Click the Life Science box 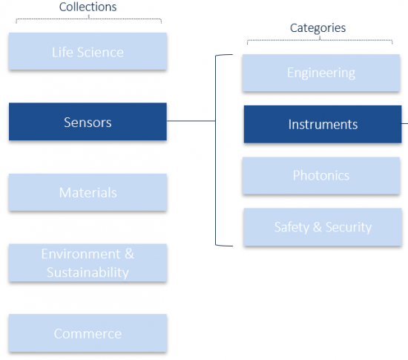[88, 51]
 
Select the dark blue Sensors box [88, 122]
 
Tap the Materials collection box [88, 192]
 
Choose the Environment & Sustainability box [88, 263]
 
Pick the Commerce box [88, 333]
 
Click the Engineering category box [321, 73]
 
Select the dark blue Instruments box [323, 124]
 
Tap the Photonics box [321, 175]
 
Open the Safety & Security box [323, 226]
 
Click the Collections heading [88, 7]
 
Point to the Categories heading [317, 28]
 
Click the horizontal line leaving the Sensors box [191, 121]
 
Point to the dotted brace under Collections [89, 19]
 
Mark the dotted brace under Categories [320, 40]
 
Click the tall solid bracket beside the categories [216, 150]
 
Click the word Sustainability [88, 272]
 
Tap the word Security [349, 227]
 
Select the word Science [100, 52]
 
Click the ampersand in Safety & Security [317, 226]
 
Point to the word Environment [81, 254]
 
